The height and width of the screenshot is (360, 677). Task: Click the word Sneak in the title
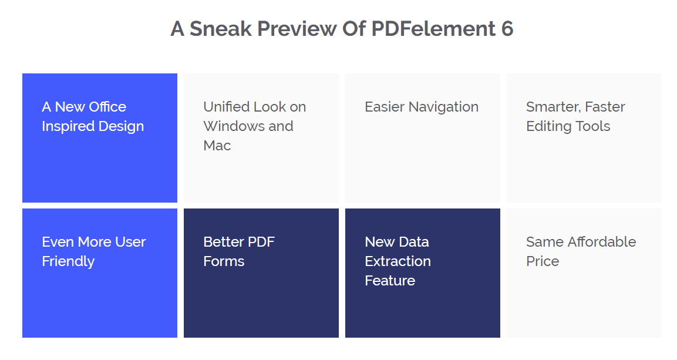[x=221, y=29]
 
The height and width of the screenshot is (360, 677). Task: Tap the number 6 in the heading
[x=507, y=29]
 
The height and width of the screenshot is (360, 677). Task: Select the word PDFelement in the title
[x=433, y=29]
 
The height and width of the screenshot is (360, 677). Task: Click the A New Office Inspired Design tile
[x=100, y=137]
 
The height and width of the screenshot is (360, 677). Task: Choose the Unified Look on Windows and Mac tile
[x=261, y=137]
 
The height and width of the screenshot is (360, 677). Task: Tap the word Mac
[x=217, y=146]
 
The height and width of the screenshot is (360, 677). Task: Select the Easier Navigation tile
[x=423, y=137]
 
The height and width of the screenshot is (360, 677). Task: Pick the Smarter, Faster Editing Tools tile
[x=584, y=137]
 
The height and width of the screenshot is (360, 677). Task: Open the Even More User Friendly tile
[x=100, y=273]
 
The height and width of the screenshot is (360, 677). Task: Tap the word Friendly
[x=68, y=261]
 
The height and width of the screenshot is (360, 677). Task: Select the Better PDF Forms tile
[x=261, y=273]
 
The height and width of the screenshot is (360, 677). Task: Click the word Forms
[x=224, y=261]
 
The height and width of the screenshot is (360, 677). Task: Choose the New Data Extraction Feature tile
[x=423, y=273]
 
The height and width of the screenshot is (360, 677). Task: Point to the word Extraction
[x=398, y=261]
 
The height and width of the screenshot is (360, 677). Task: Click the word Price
[x=543, y=261]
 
